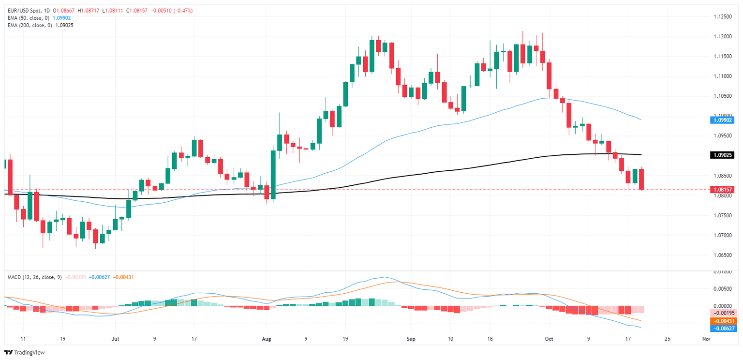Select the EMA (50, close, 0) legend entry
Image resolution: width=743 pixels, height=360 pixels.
tap(28, 17)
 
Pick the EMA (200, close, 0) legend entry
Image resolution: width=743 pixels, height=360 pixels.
tap(30, 25)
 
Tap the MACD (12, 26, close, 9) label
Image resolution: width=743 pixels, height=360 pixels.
tap(34, 277)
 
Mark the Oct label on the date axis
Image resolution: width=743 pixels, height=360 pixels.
tap(549, 339)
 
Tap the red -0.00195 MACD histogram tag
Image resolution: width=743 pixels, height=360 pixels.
tap(724, 313)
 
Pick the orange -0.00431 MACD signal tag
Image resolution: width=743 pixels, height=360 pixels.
tap(724, 321)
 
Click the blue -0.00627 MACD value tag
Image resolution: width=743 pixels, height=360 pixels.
tap(724, 328)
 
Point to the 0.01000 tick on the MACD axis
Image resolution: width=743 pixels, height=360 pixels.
tap(724, 272)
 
